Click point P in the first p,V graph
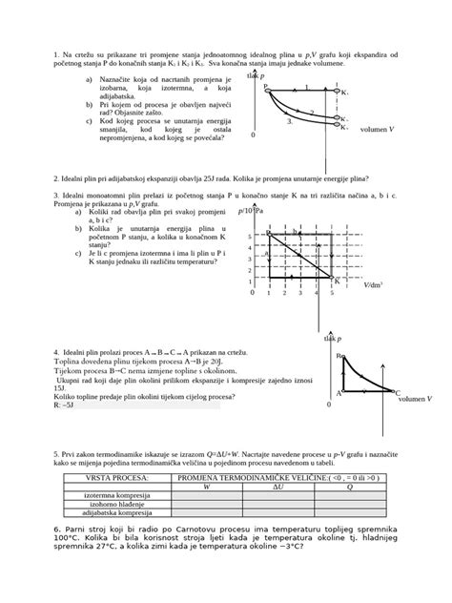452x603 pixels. [266, 87]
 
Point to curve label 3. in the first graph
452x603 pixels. [289, 123]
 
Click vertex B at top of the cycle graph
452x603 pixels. [339, 356]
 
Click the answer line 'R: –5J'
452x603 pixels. [68, 405]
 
